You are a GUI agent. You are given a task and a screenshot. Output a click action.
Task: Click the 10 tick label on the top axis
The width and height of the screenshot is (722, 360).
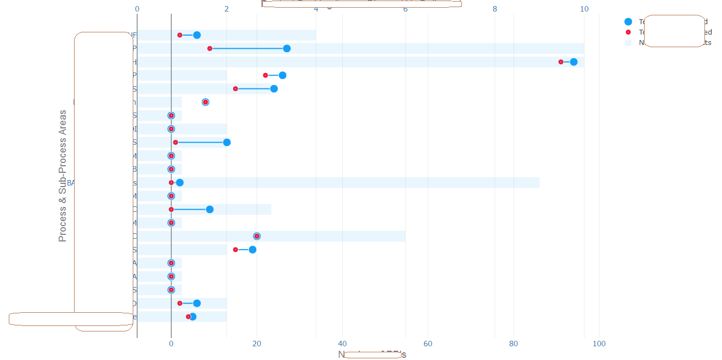584,9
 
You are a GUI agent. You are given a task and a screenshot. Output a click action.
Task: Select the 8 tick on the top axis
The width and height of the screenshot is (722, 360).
495,9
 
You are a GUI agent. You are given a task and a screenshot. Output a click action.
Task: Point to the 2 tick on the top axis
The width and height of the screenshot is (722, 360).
227,9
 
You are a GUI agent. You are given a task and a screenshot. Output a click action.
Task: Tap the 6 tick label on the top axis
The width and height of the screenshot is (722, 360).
405,9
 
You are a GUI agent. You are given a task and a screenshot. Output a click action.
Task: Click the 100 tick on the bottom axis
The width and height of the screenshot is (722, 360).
599,344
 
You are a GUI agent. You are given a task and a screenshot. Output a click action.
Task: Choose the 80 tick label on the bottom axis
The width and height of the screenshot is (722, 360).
514,344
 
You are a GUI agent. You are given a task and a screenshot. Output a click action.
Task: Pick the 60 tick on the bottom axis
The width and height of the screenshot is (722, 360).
428,344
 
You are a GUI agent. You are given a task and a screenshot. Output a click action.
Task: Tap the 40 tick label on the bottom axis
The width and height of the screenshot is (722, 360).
342,344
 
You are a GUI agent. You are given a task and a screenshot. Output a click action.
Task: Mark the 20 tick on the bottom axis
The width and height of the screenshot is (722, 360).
257,344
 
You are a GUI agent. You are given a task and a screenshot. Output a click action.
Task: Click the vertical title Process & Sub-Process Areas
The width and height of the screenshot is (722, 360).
63,176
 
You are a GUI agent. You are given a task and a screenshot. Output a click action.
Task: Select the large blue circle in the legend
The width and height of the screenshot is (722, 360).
628,22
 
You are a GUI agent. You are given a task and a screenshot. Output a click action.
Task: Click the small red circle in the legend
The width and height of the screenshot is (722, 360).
628,32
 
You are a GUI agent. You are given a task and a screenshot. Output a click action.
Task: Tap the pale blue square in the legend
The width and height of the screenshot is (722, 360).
628,42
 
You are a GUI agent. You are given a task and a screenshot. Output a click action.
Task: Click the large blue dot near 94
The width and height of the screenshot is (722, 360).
573,62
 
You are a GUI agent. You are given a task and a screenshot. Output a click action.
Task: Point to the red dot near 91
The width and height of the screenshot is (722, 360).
561,62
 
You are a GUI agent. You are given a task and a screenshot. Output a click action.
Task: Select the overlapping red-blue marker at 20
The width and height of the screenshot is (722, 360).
257,237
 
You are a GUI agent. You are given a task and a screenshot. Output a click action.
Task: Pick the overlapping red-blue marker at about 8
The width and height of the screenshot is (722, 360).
205,102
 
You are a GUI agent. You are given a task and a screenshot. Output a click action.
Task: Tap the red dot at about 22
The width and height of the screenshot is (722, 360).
266,75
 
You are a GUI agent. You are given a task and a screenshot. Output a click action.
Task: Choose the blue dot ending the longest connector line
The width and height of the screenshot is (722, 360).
286,49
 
